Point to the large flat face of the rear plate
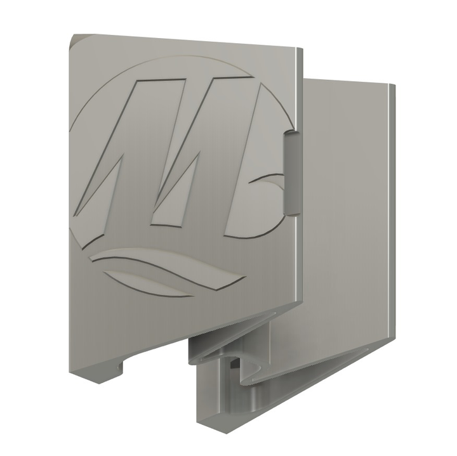[346, 209]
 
